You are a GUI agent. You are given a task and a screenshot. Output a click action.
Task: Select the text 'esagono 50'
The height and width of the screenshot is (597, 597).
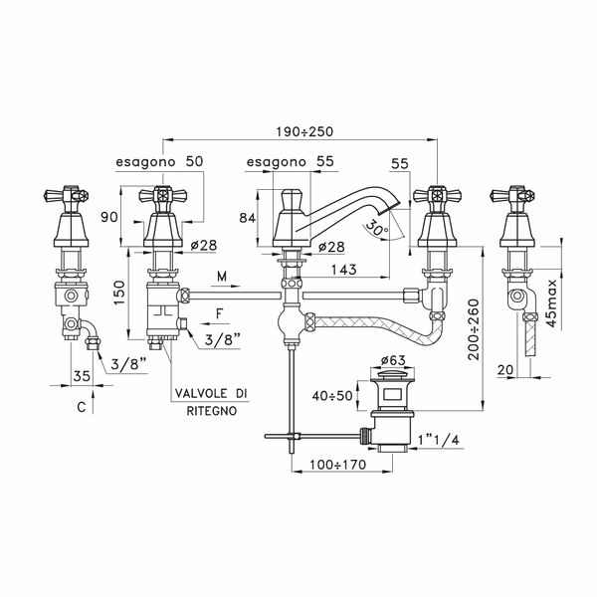[160, 162]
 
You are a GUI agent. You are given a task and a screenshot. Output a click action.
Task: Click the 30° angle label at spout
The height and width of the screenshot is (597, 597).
[375, 228]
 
